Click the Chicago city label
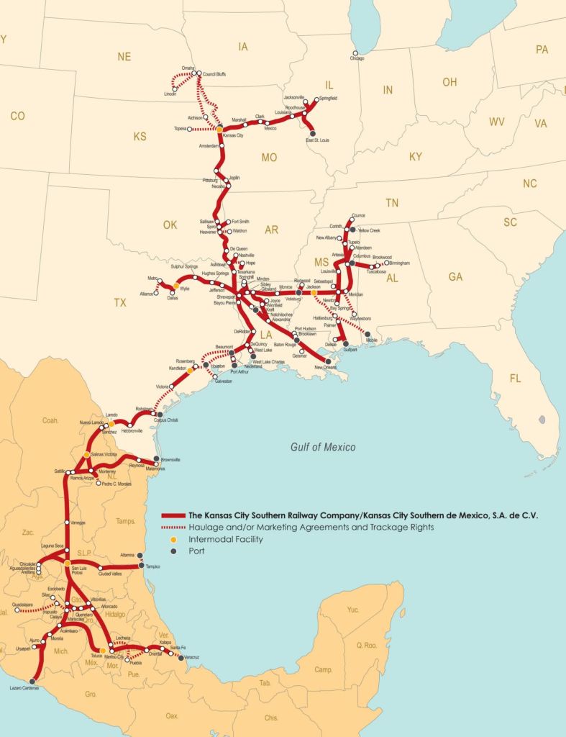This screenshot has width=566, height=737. (x=357, y=58)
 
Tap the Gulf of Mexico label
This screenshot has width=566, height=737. (x=323, y=447)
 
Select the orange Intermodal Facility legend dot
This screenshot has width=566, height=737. (x=166, y=539)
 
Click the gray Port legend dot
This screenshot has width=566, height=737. (x=166, y=551)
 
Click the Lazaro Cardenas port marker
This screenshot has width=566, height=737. (x=32, y=681)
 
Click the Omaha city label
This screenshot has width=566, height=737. (x=188, y=68)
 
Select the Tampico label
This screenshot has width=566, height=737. (x=152, y=566)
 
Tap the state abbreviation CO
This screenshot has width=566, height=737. (x=17, y=115)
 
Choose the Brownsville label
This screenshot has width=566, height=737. (x=170, y=459)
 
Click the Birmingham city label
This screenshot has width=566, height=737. (x=398, y=263)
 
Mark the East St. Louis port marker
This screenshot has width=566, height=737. (x=312, y=134)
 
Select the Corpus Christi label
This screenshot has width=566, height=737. (x=167, y=420)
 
